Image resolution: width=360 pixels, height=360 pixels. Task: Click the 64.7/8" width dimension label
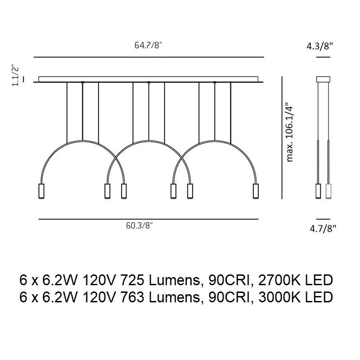[148, 46]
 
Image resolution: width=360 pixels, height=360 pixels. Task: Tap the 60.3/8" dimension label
[139, 226]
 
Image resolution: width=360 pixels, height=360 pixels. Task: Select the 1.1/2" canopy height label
[16, 75]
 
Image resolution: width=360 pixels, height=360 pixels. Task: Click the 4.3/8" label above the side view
[319, 46]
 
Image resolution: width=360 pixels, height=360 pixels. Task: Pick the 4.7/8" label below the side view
[323, 229]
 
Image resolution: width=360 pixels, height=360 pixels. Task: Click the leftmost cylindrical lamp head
[41, 191]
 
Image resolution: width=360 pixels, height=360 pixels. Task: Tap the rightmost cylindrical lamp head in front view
[256, 191]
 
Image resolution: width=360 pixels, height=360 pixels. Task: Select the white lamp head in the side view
[328, 191]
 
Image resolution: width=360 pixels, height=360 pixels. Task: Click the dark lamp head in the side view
[318, 191]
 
